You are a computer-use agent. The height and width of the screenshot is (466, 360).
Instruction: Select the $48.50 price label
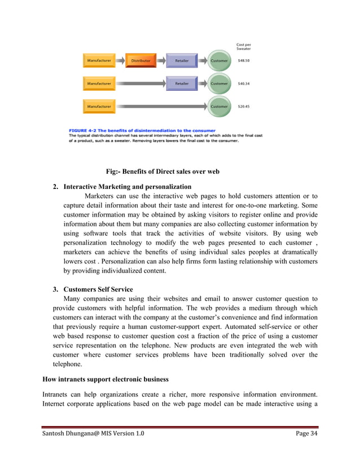[x=244, y=60]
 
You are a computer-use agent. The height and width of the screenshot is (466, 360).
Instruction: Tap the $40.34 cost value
[x=244, y=83]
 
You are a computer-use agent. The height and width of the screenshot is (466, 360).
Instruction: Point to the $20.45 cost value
[x=244, y=106]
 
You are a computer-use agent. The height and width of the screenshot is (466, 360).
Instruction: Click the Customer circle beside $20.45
[x=219, y=106]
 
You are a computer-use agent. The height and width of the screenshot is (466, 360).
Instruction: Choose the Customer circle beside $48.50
[x=219, y=60]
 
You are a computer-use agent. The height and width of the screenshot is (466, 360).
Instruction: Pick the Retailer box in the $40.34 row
[x=181, y=83]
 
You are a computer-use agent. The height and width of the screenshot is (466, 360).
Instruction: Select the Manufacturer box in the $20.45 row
[x=99, y=106]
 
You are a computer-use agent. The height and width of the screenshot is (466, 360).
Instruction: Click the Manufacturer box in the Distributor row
[x=99, y=60]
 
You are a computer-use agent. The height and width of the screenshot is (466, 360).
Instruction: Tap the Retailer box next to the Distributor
[x=181, y=60]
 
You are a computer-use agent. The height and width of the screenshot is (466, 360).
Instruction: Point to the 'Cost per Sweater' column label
[x=244, y=47]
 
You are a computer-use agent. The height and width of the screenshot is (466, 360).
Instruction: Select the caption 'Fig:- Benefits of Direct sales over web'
[x=163, y=172]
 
